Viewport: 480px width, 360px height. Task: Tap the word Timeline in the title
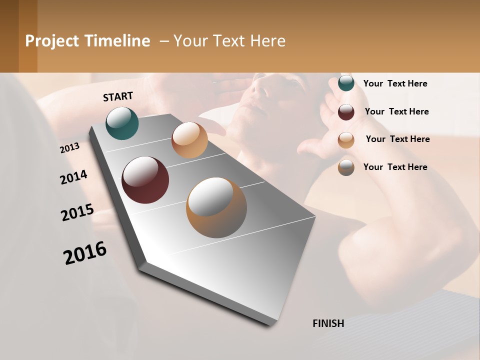[117, 41]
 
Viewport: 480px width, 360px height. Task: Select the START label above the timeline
[118, 96]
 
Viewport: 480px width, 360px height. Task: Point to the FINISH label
[328, 323]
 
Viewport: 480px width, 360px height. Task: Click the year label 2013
[70, 148]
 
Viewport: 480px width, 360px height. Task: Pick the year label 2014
[74, 177]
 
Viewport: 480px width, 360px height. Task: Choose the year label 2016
[85, 253]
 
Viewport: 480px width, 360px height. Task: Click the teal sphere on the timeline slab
[122, 123]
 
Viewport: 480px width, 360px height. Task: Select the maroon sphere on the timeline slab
[145, 180]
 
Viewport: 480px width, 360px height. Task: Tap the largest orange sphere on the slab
[216, 207]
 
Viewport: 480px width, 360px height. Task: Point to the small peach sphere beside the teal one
[189, 140]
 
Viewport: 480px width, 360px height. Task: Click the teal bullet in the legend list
[346, 83]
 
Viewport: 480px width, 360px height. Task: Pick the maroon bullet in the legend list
[346, 112]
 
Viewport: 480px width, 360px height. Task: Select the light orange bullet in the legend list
[346, 140]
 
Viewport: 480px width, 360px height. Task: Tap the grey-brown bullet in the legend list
[346, 167]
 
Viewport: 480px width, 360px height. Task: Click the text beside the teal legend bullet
[395, 83]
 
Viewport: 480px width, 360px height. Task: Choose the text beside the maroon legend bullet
[396, 111]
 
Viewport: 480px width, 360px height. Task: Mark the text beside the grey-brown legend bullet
[395, 167]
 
